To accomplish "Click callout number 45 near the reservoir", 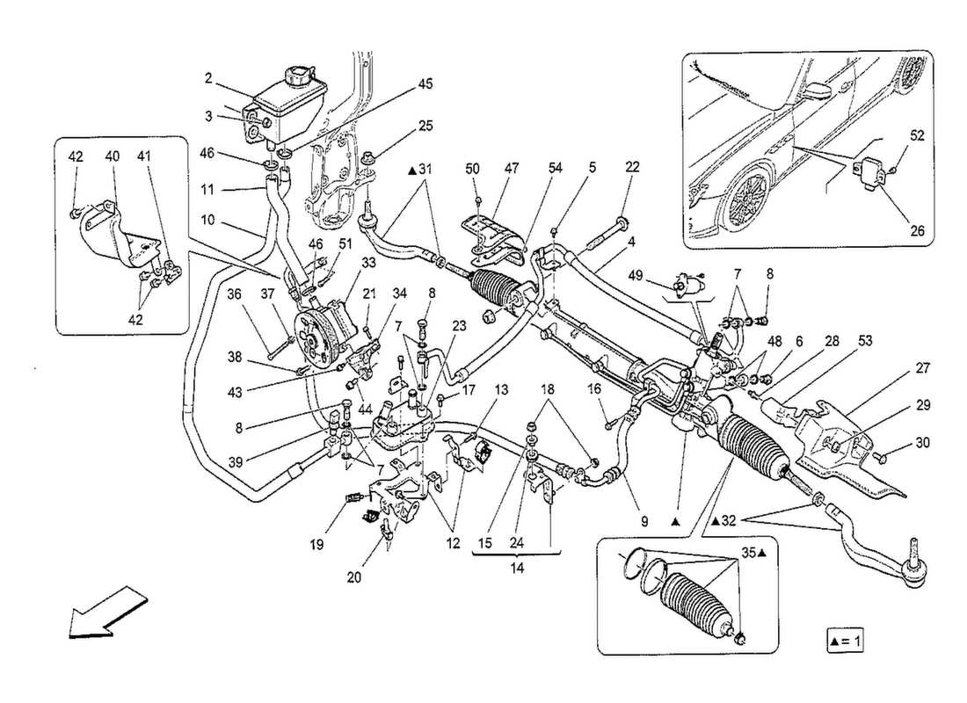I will point(425,84).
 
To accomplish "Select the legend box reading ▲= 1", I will point(845,641).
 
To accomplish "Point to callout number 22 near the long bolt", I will point(632,166).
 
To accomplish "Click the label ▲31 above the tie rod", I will point(420,170).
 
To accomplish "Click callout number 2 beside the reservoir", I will point(208,79).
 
